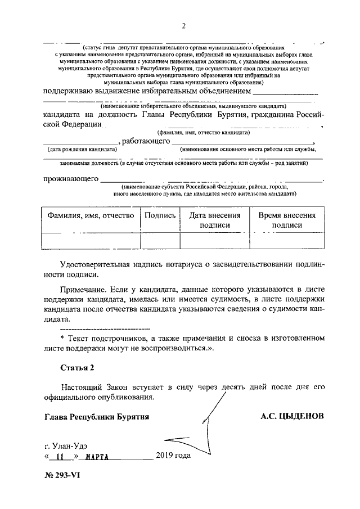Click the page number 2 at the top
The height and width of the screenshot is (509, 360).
tap(183, 25)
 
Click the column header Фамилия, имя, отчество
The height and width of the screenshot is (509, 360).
tap(90, 215)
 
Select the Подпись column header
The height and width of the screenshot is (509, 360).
tap(160, 215)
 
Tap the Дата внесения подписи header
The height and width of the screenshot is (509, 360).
tap(214, 220)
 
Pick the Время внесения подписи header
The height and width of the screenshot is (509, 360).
tap(287, 220)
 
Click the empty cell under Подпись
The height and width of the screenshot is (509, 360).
tap(160, 240)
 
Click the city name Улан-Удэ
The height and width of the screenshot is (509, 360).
tap(70, 445)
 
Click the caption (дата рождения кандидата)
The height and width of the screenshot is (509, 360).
tap(82, 150)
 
